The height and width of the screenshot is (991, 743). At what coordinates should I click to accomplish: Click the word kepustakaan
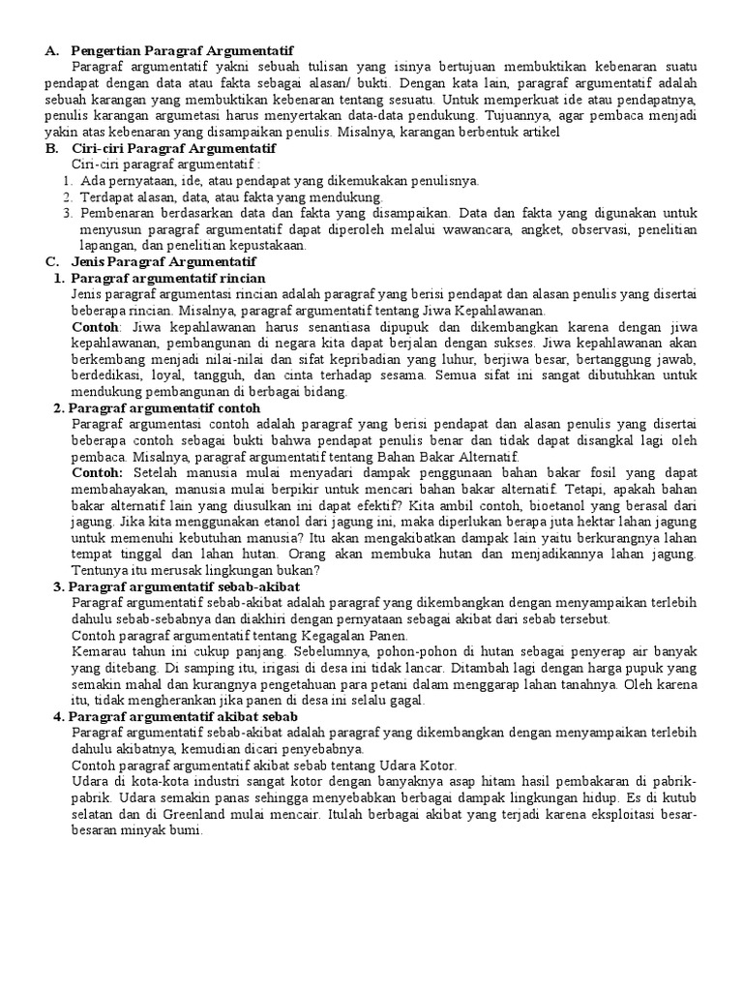tap(266, 246)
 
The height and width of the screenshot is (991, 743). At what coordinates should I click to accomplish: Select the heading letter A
tap(51, 49)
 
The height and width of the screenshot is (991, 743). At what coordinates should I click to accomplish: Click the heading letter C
tap(51, 262)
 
